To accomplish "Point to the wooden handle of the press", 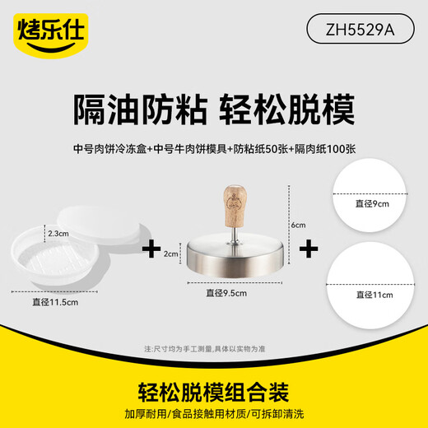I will (233, 207).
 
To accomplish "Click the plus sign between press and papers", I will (312, 248).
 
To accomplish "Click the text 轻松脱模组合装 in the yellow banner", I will (213, 387).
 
